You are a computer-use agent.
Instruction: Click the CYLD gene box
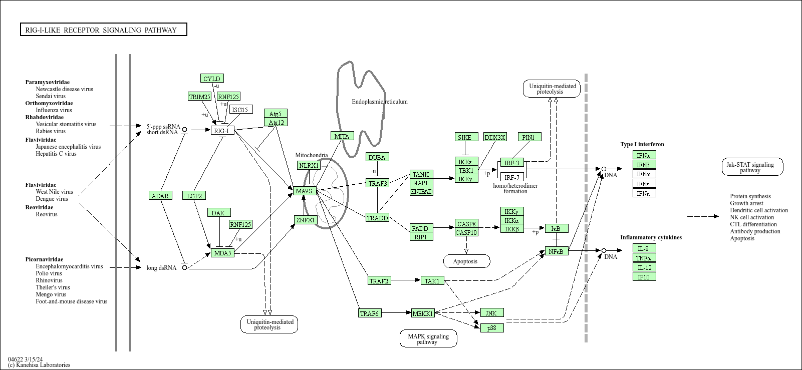coord(212,79)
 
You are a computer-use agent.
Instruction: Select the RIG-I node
coord(222,131)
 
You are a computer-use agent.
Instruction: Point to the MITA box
coord(342,136)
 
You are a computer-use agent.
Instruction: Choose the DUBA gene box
coord(377,157)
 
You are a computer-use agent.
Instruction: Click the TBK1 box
coord(466,170)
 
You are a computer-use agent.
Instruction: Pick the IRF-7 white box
coord(512,177)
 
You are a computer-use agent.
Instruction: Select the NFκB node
coord(557,251)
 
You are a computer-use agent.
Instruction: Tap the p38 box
coord(492,328)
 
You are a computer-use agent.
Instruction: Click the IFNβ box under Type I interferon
coord(644,165)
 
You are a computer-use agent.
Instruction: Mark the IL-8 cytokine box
coord(644,248)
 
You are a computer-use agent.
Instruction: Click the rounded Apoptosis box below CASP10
coord(466,261)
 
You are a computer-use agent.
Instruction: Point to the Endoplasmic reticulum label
coord(379,102)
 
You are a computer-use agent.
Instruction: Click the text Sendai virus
coord(50,96)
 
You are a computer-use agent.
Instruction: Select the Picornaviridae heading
coord(45,259)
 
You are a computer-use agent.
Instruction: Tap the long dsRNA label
coord(161,268)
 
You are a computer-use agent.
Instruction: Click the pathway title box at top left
coord(103,30)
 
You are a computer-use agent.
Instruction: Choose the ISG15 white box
coord(240,110)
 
